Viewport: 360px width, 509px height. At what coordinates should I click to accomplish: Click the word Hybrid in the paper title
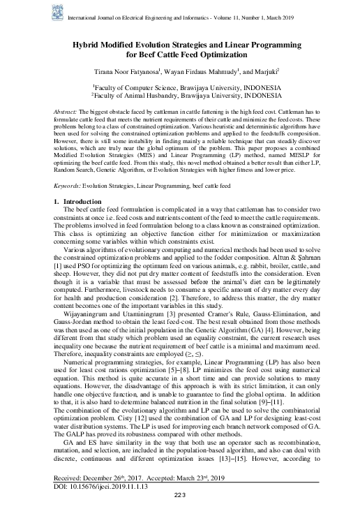click(89, 43)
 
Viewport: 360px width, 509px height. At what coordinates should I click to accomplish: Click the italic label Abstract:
click(66, 112)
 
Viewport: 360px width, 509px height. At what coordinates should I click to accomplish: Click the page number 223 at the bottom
click(179, 495)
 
